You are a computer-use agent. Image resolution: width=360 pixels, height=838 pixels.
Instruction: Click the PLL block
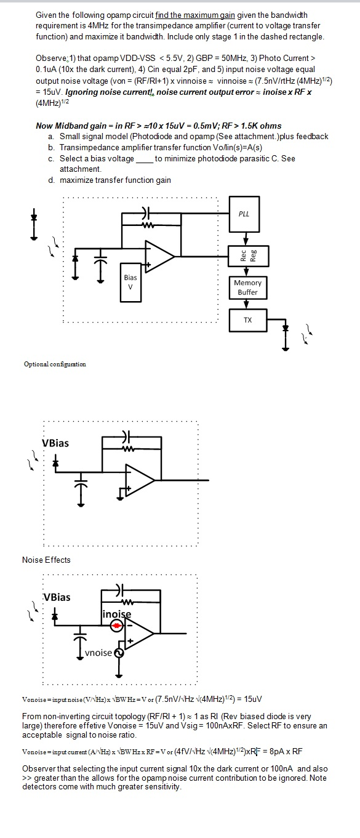244,214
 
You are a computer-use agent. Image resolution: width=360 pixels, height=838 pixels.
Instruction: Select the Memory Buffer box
247,288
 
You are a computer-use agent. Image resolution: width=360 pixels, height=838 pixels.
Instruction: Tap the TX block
247,320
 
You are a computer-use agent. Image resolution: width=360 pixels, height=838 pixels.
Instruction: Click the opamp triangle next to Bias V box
159,256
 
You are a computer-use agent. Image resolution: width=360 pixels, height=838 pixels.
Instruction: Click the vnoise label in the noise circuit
98,653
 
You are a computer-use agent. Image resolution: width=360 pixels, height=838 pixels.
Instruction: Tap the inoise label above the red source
117,613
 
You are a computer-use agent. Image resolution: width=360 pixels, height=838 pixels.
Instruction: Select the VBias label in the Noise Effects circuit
57,597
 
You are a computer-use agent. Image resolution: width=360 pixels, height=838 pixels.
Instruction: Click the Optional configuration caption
55,364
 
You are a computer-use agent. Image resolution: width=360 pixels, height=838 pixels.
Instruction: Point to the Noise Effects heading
46,560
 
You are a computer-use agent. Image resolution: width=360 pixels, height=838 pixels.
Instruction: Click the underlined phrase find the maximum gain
194,14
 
